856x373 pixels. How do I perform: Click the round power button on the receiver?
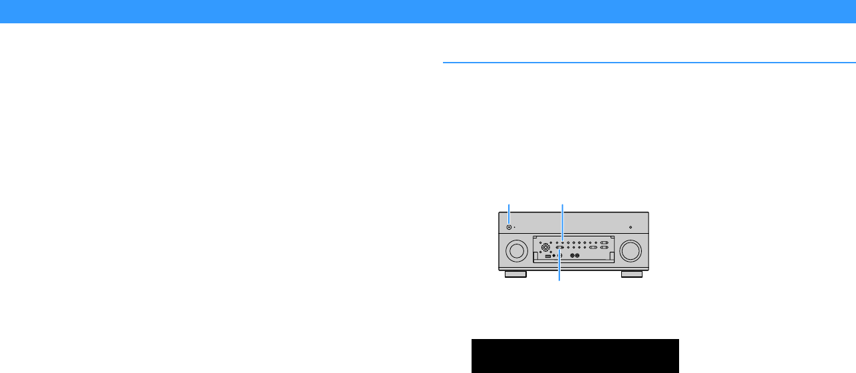pyautogui.click(x=509, y=227)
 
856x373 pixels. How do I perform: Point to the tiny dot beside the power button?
pyautogui.click(x=515, y=227)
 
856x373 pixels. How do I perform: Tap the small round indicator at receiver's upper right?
pyautogui.click(x=630, y=227)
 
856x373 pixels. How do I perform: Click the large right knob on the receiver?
pyautogui.click(x=631, y=250)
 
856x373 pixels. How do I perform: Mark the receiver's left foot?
pyautogui.click(x=515, y=274)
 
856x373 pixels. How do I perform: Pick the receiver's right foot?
pyautogui.click(x=632, y=274)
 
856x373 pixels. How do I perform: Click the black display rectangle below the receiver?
pyautogui.click(x=575, y=356)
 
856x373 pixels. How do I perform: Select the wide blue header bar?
pyautogui.click(x=428, y=11)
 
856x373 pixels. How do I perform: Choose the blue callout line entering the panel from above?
pyautogui.click(x=563, y=220)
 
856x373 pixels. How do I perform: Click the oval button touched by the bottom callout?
pyautogui.click(x=559, y=248)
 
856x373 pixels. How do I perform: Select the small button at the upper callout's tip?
pyautogui.click(x=563, y=242)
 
